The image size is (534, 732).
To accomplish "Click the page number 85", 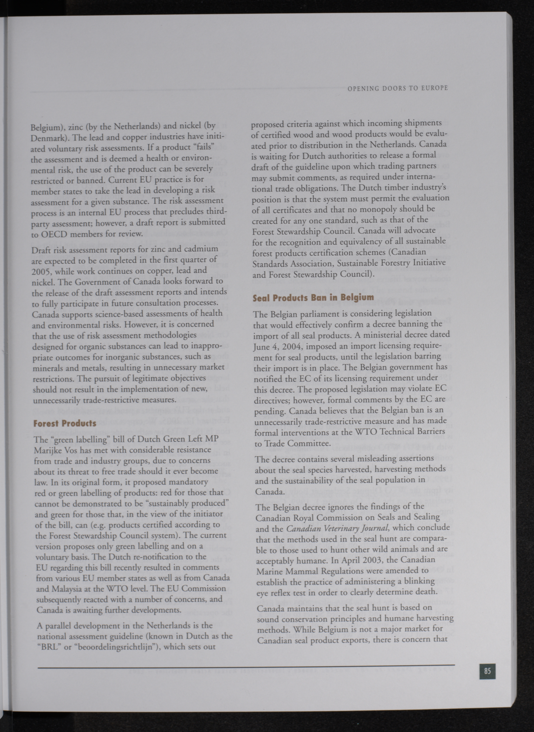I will pyautogui.click(x=487, y=671).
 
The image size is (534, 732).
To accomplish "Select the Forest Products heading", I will pyautogui.click(x=65, y=423).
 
